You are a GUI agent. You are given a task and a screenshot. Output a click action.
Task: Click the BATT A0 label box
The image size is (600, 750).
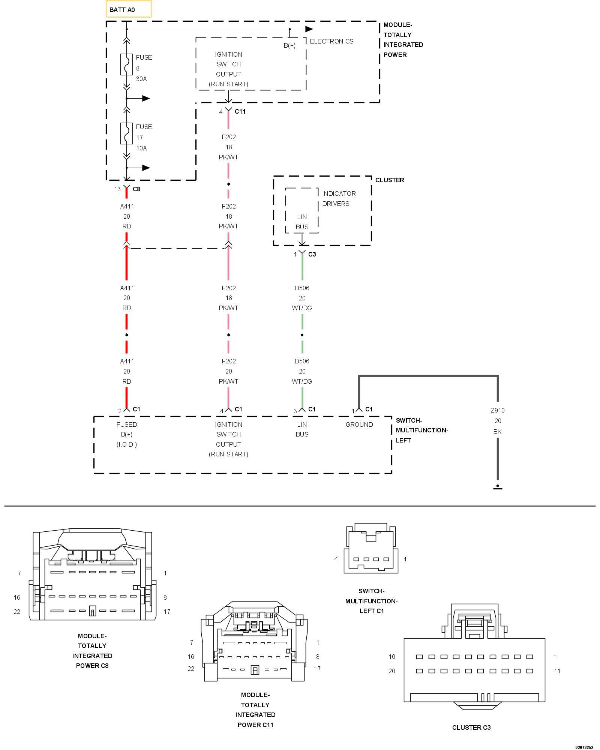click(x=128, y=9)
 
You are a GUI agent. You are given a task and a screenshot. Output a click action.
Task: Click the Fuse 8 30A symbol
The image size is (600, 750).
click(x=126, y=64)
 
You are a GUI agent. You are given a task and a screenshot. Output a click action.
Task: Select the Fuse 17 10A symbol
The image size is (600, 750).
click(x=126, y=133)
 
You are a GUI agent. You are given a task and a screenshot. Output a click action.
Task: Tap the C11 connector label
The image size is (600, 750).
click(x=240, y=111)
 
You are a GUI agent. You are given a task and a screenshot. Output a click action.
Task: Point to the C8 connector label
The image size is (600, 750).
click(x=136, y=189)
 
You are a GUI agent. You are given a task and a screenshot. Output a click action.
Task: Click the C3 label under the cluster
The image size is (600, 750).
click(x=312, y=254)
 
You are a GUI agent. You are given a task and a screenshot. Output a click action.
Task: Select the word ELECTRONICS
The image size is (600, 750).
click(x=331, y=41)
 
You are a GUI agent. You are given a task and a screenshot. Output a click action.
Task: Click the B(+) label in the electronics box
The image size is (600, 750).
click(x=289, y=46)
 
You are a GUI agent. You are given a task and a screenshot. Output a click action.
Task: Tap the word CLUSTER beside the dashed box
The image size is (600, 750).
click(x=390, y=180)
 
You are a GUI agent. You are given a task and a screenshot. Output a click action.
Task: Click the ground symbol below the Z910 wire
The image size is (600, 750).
click(x=498, y=486)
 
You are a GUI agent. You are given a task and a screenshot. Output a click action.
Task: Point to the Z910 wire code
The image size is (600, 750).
click(x=498, y=410)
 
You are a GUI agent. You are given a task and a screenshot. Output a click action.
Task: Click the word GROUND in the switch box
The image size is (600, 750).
click(x=359, y=424)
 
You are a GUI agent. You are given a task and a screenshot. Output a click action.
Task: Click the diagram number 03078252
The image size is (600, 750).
click(x=584, y=747)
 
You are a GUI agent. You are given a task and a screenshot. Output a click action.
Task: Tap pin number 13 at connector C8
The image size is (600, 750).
click(x=117, y=189)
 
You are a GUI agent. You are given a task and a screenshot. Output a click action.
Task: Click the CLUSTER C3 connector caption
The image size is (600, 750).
click(x=471, y=727)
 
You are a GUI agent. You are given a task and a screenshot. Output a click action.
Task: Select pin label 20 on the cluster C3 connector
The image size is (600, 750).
click(x=392, y=671)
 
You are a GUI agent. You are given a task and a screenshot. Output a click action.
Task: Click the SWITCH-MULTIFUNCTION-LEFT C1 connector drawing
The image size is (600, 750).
click(x=371, y=548)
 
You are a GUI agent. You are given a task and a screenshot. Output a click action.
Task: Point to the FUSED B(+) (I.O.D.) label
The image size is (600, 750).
click(x=127, y=434)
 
